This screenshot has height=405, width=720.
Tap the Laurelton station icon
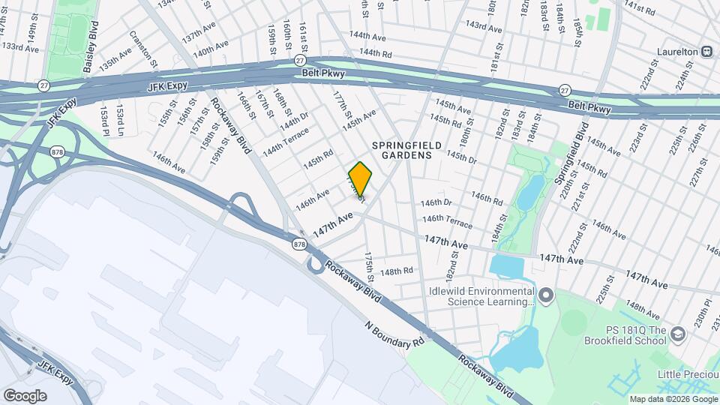[x=706, y=52]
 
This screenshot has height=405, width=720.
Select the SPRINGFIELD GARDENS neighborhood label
[x=402, y=149]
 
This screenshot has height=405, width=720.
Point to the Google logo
[x=25, y=396]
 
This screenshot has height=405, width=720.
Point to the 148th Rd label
[x=397, y=271]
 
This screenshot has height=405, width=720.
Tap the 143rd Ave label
[x=482, y=25]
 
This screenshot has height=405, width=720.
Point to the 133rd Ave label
[x=20, y=46]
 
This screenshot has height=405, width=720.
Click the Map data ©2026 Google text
[x=673, y=399]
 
